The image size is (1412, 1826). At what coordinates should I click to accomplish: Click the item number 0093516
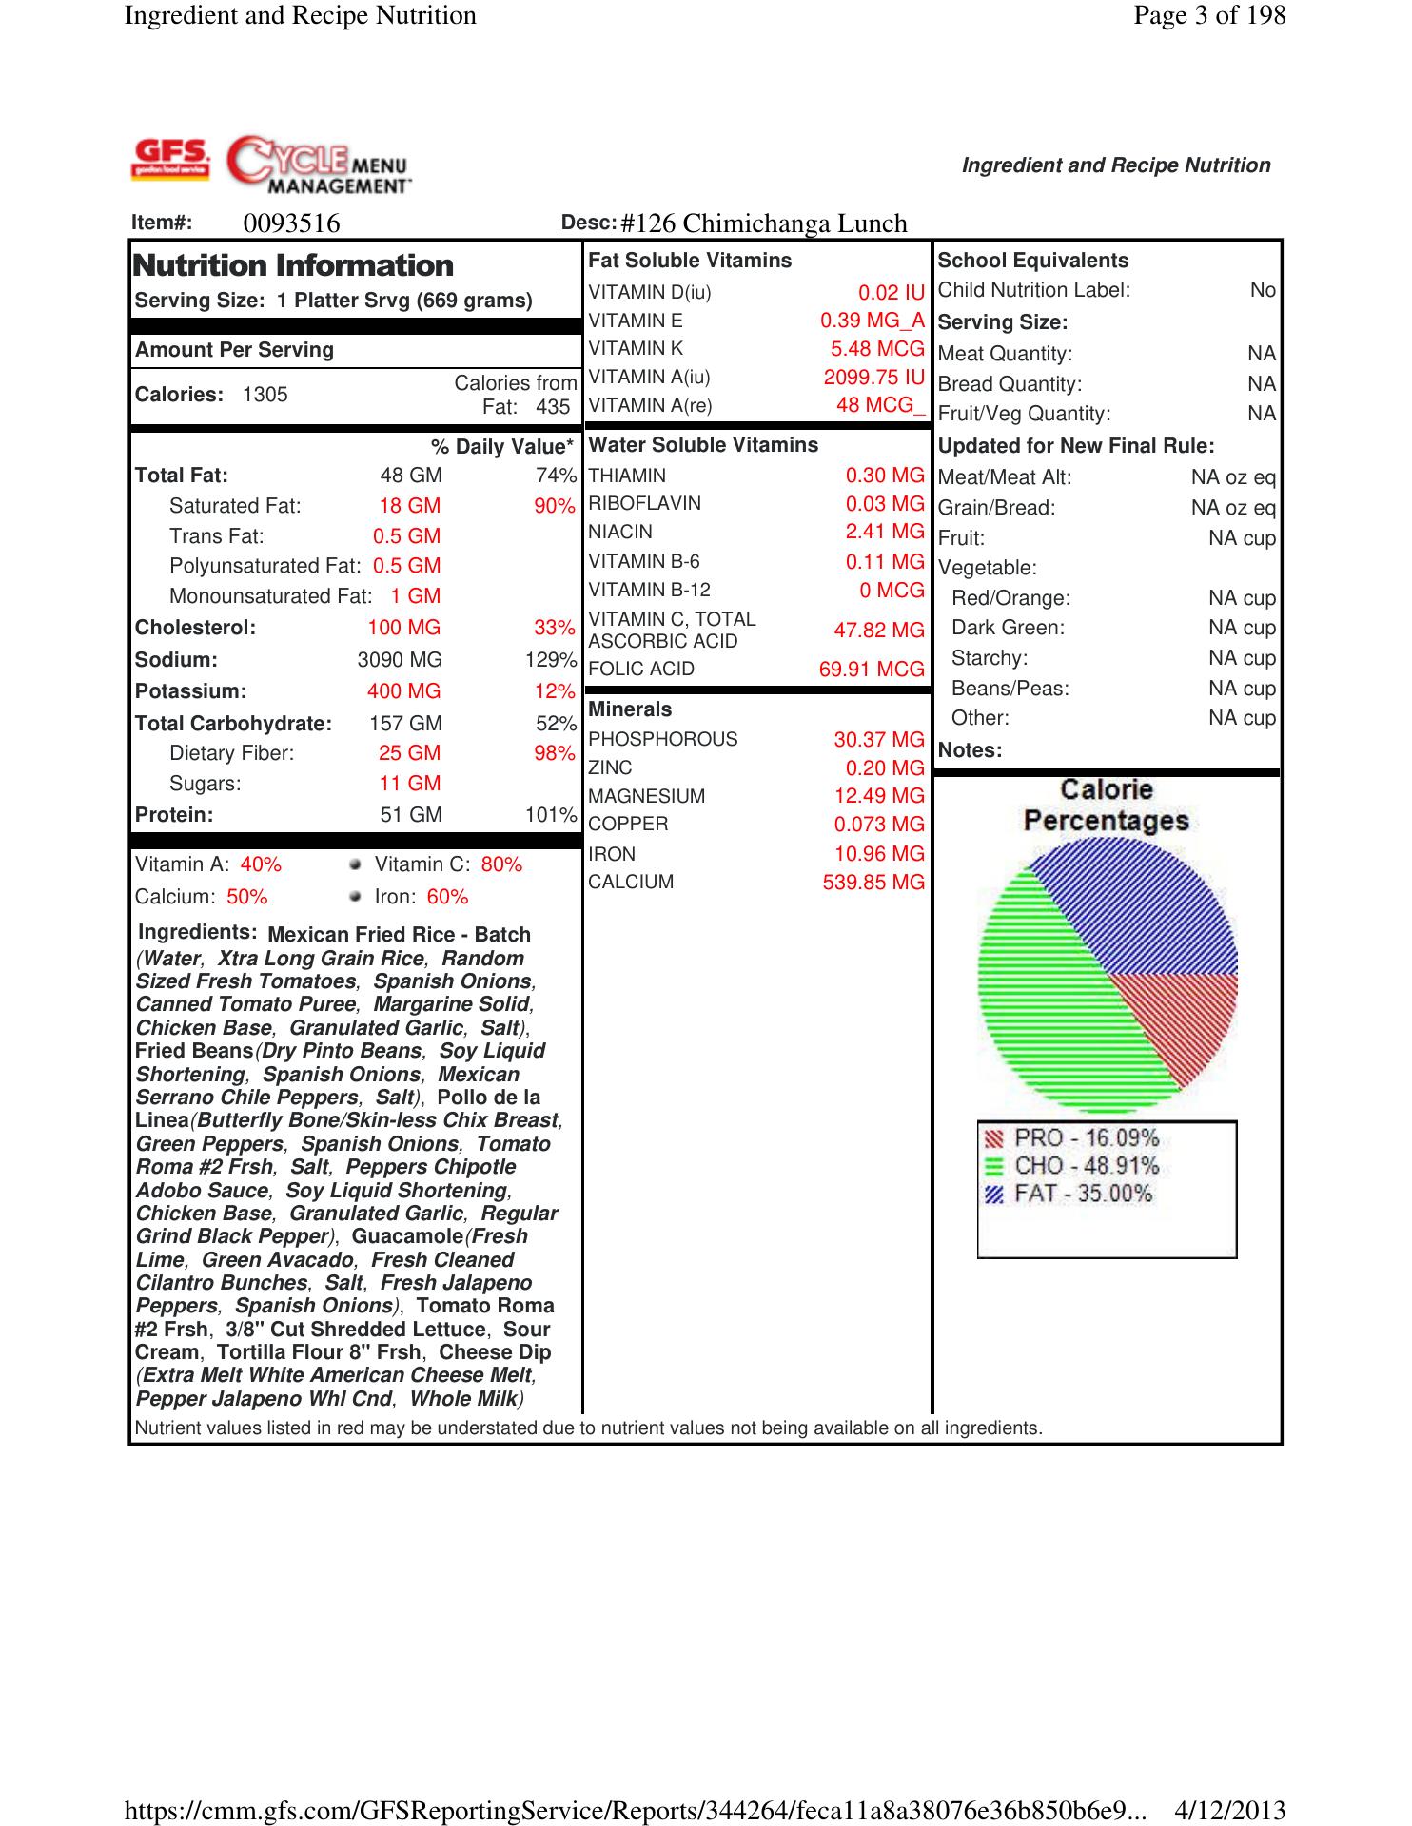(x=291, y=223)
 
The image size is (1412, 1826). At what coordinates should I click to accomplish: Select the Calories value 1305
(x=265, y=395)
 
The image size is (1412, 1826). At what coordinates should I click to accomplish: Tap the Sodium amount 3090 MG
(x=400, y=660)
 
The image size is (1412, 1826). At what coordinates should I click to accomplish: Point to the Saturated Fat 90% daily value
(x=554, y=506)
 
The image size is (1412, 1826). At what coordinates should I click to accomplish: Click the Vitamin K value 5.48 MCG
(x=876, y=349)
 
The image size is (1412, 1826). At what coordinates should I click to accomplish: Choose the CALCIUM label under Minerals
(x=631, y=883)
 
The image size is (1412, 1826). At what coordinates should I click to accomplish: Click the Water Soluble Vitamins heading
(x=703, y=445)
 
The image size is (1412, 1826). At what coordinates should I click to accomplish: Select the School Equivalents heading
(x=1032, y=261)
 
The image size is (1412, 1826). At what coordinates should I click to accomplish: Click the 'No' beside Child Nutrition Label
(x=1263, y=290)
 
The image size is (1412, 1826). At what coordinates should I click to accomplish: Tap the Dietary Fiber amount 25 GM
(x=409, y=753)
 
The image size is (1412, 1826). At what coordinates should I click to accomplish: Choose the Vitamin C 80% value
(x=501, y=864)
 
